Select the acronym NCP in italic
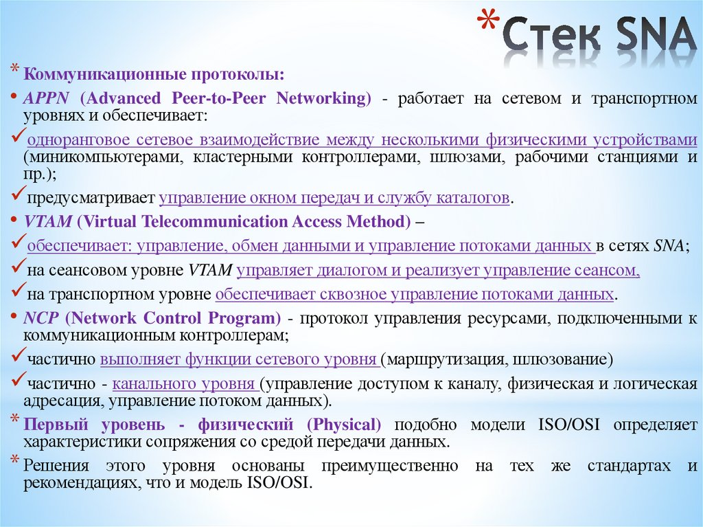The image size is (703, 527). click(37, 319)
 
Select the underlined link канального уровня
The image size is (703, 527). click(185, 384)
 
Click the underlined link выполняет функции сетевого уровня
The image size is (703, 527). click(240, 359)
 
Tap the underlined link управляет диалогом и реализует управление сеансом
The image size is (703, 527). click(438, 271)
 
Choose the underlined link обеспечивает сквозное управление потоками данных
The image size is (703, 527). click(414, 295)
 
